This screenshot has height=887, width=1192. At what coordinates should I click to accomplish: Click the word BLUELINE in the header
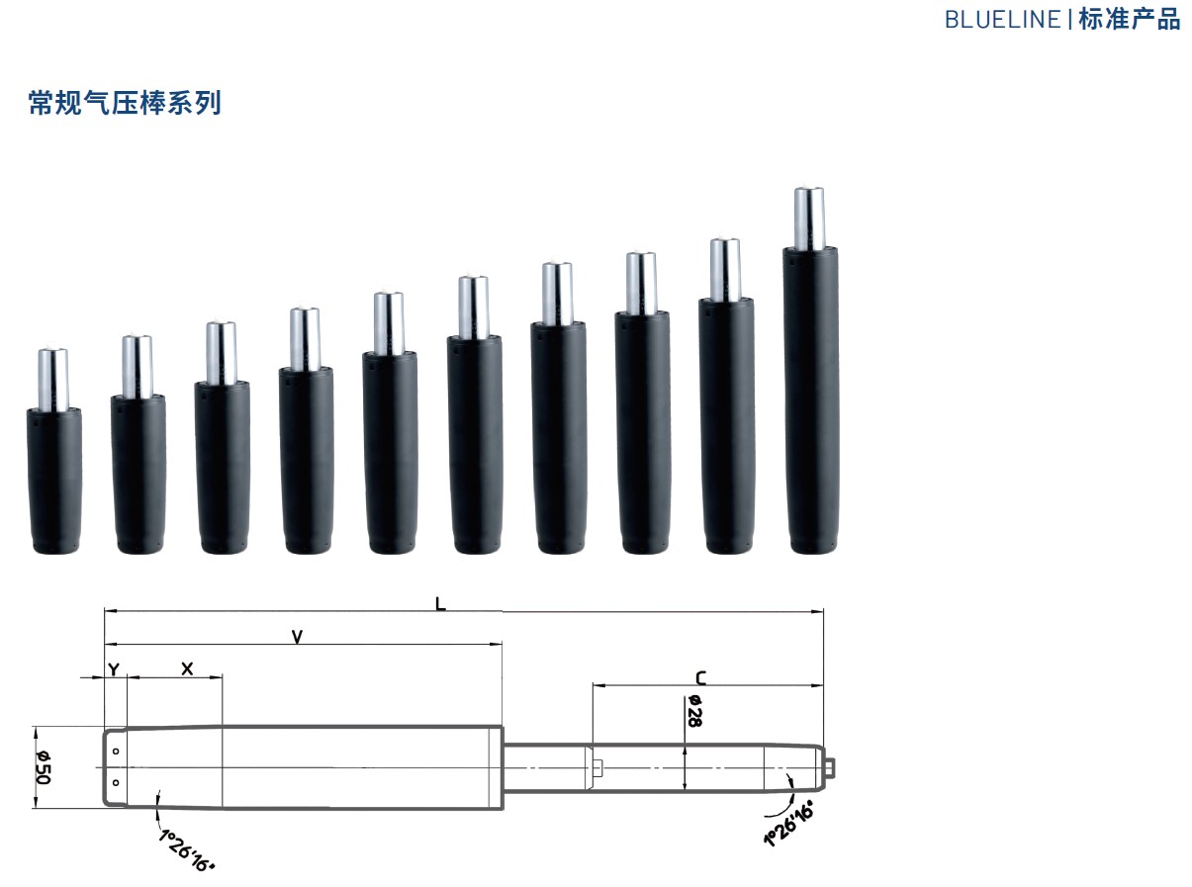tap(1003, 20)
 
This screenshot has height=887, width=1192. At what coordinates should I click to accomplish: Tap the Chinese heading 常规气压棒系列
tap(125, 103)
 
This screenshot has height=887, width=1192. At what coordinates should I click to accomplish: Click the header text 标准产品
tap(1129, 20)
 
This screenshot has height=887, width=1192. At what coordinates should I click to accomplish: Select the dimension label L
tap(440, 604)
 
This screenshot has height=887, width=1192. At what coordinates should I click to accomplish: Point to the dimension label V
tap(297, 637)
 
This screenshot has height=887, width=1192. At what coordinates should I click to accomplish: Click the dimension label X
tap(187, 668)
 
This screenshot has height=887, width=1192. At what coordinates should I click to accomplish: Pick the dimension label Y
tap(114, 669)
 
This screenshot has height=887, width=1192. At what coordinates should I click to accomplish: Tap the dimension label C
tap(700, 678)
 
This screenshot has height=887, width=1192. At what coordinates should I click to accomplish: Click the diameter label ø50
tap(43, 767)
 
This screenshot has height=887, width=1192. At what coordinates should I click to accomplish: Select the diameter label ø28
tap(694, 711)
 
